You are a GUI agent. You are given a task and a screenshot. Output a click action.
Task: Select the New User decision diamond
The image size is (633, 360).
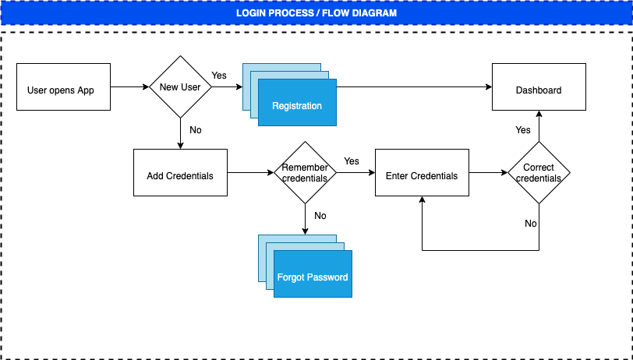click(x=180, y=87)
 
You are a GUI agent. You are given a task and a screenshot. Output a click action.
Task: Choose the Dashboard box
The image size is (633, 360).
click(x=539, y=87)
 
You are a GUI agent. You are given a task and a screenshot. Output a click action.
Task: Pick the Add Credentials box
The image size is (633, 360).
click(x=180, y=173)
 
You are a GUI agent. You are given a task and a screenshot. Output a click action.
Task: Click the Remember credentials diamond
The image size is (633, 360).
click(x=305, y=173)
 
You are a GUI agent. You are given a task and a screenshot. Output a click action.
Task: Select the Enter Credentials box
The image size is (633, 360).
click(x=422, y=173)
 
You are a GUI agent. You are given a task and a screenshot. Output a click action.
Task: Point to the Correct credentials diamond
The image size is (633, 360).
click(x=539, y=173)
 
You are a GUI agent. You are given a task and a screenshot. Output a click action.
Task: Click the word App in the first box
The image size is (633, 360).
click(x=86, y=90)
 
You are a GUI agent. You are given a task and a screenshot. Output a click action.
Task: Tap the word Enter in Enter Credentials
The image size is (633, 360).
click(x=397, y=176)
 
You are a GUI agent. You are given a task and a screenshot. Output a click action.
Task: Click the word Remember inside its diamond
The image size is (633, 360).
click(x=305, y=168)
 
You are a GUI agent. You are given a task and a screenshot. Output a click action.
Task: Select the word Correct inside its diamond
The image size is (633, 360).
click(x=539, y=168)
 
